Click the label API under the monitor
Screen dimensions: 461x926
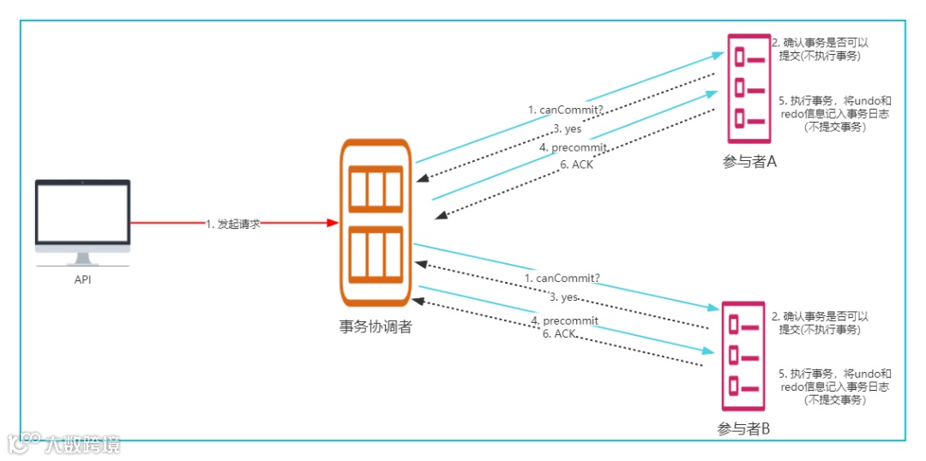point(82,278)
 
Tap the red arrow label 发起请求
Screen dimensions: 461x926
point(233,223)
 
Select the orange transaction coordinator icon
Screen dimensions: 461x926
point(376,223)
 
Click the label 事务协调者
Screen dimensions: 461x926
point(376,326)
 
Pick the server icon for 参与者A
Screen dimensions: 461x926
point(749,88)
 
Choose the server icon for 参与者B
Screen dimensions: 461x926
point(743,357)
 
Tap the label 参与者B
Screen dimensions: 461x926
point(743,429)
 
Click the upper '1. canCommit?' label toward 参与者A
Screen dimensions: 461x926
point(565,110)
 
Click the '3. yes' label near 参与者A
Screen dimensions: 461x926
point(568,129)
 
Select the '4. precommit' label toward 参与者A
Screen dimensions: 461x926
point(574,147)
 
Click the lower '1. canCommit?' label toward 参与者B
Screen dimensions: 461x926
point(562,278)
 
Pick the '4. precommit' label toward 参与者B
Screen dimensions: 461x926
point(564,320)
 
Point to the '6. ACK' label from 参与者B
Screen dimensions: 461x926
point(558,333)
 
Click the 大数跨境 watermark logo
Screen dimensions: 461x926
point(64,443)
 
